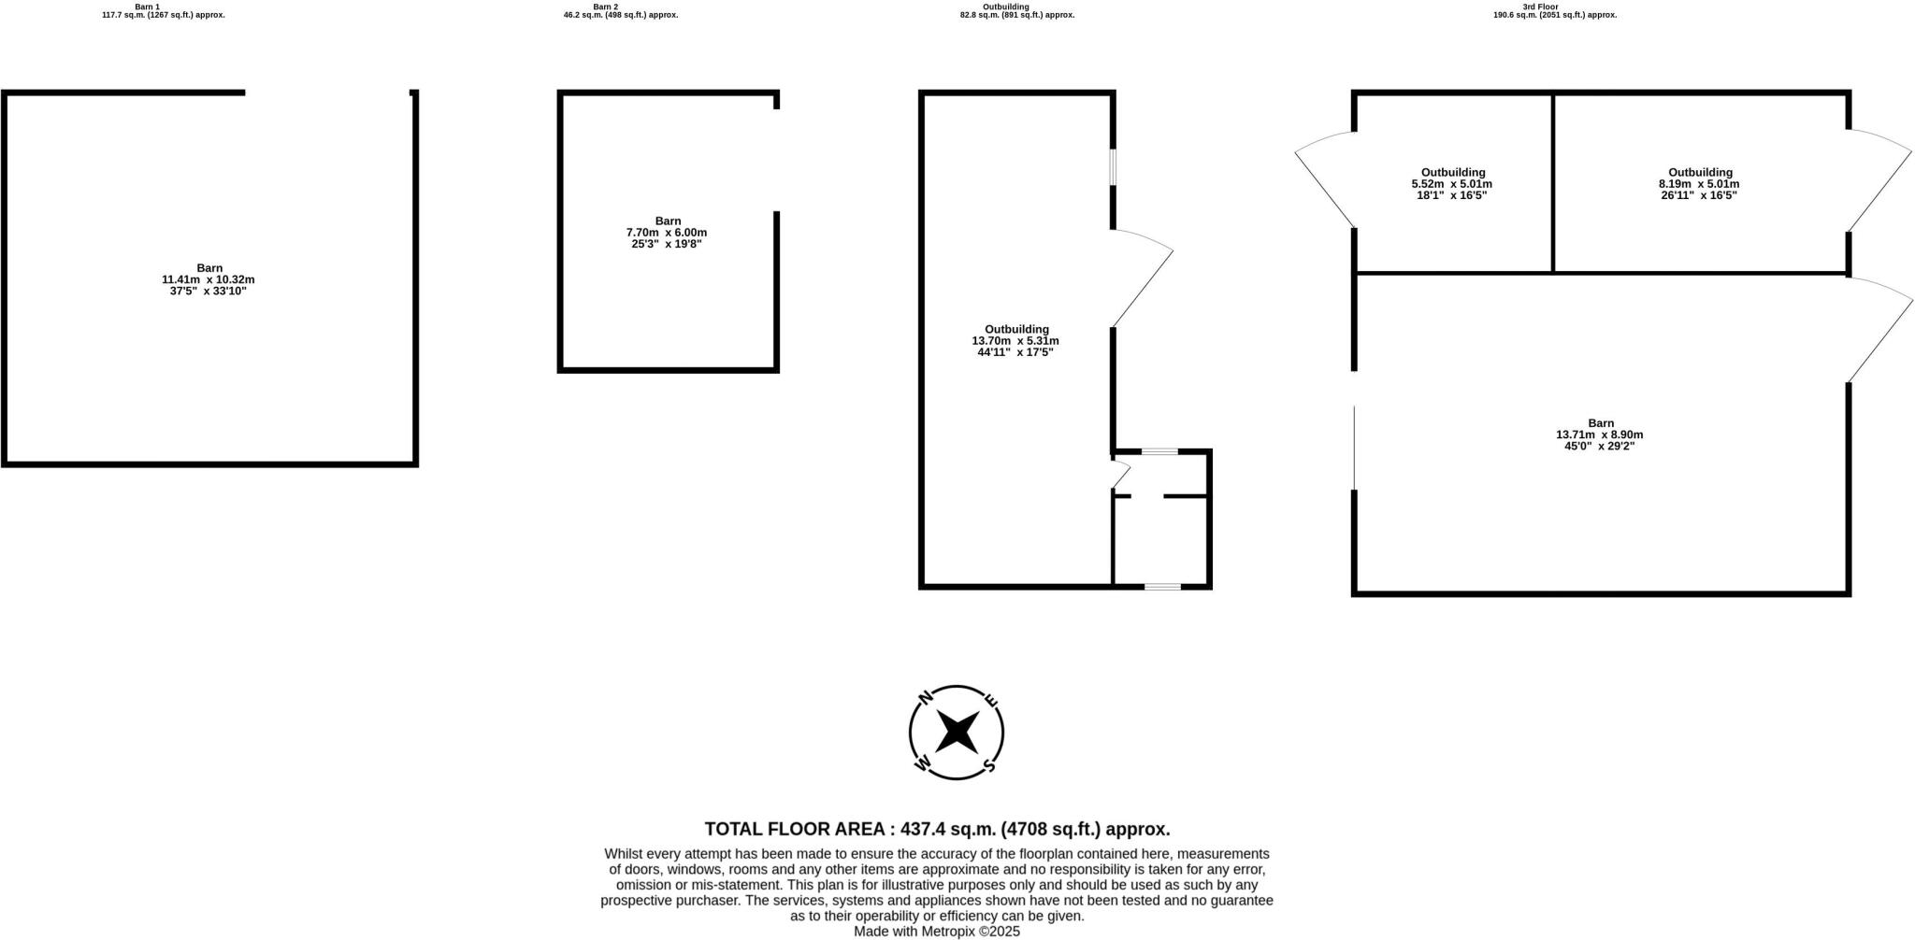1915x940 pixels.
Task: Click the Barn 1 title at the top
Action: [147, 7]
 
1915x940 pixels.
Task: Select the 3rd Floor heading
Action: [1540, 7]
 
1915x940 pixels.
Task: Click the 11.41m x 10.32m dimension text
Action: [209, 279]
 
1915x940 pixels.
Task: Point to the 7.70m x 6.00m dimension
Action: [667, 233]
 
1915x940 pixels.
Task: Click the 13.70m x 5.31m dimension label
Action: [1015, 341]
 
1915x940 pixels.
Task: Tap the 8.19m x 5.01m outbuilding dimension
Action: [1699, 184]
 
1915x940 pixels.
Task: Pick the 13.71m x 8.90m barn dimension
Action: [1599, 434]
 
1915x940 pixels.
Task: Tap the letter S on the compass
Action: [988, 767]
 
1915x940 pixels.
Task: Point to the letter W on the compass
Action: [922, 764]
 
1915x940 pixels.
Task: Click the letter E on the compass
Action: [992, 700]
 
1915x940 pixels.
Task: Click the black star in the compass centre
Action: [957, 732]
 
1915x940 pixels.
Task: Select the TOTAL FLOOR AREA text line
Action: [937, 829]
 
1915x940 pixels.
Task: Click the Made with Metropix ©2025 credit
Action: [937, 932]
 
